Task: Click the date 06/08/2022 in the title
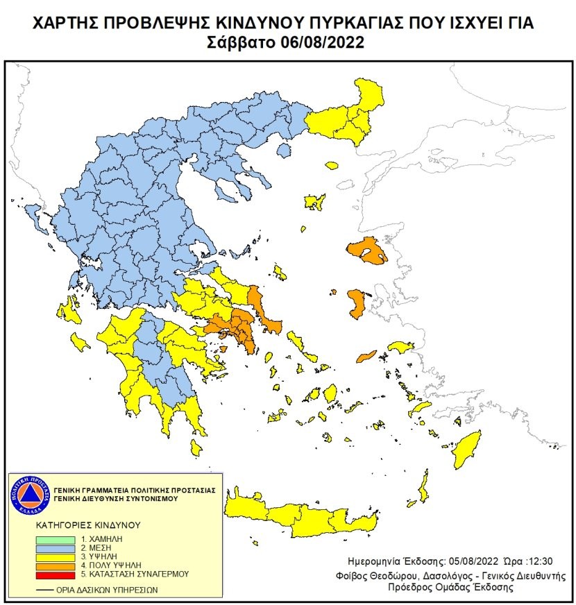click(323, 42)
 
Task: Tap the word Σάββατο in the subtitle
click(242, 42)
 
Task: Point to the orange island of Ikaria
click(366, 357)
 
